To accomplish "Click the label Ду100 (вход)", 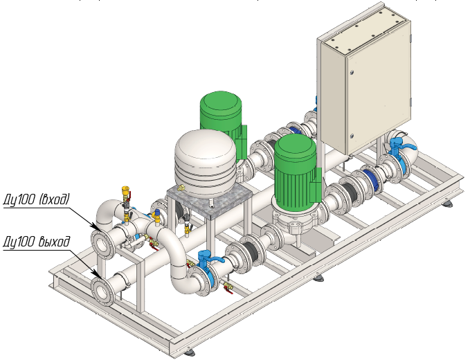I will pos(37,200).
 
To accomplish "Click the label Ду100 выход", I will pos(37,242).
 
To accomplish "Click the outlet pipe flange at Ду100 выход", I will pos(103,288).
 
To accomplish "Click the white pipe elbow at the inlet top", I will pos(109,210).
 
